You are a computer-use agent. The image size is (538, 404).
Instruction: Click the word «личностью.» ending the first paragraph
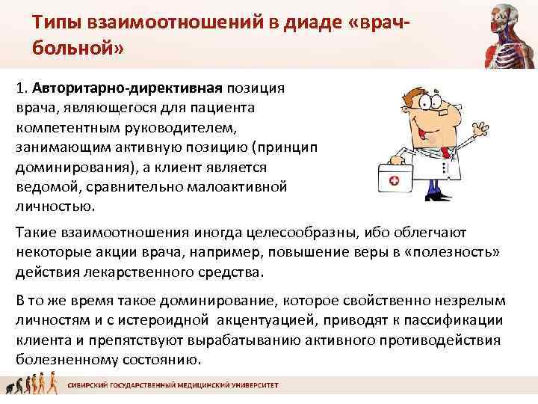[55, 205]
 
